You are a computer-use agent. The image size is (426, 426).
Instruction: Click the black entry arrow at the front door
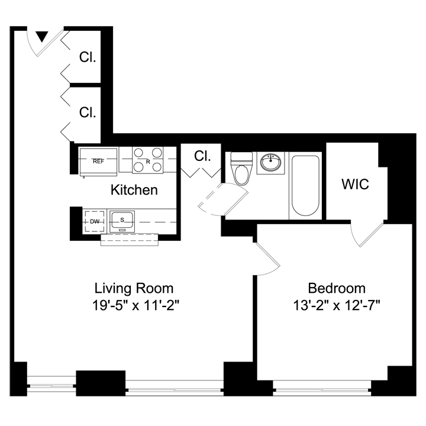(42, 37)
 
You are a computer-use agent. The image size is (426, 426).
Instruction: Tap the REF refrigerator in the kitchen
(98, 162)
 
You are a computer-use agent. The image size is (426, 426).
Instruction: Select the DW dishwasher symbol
(95, 221)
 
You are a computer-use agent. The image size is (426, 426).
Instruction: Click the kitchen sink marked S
(122, 221)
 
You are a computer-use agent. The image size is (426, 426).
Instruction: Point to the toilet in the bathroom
(241, 169)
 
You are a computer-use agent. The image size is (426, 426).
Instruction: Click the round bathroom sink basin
(270, 163)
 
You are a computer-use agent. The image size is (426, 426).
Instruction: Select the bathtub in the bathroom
(305, 186)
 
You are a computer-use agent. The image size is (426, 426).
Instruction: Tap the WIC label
(355, 184)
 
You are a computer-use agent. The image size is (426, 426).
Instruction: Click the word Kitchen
(134, 190)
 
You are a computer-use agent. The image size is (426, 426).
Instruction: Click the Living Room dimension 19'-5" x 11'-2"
(136, 305)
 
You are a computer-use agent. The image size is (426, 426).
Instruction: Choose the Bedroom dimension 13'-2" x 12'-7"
(336, 305)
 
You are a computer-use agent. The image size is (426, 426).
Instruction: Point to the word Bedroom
(337, 288)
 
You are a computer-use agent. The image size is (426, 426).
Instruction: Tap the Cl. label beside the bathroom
(202, 156)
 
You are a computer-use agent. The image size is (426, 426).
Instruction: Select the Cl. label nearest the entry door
(88, 57)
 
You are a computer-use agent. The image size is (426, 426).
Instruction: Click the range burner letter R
(148, 162)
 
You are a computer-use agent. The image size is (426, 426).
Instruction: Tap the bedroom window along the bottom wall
(322, 388)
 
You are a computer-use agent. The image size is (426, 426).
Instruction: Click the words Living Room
(134, 288)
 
